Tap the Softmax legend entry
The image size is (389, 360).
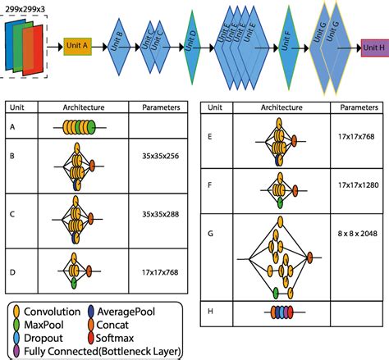pos(121,339)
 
